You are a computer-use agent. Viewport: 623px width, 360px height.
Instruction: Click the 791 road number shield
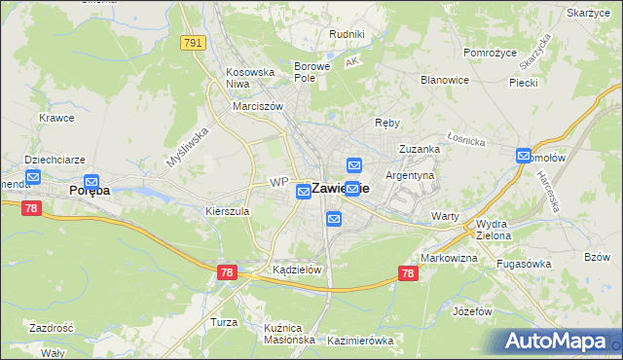tap(192, 42)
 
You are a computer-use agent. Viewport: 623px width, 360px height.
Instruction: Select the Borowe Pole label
tap(312, 73)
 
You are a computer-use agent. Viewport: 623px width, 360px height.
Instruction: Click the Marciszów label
tap(257, 107)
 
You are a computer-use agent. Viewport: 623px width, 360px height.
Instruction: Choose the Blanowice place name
tap(445, 80)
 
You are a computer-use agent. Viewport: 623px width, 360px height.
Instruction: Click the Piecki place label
tap(523, 83)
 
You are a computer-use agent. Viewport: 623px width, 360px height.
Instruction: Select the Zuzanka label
tap(420, 149)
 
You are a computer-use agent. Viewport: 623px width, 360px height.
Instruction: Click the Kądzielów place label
tap(298, 270)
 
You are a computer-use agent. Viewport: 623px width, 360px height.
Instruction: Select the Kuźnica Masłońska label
tap(289, 334)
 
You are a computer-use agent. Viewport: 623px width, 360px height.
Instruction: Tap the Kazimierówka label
tap(360, 341)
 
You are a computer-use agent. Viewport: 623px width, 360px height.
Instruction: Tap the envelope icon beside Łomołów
tap(524, 156)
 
